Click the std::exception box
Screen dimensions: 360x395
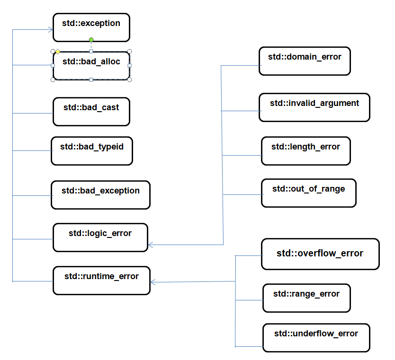(x=91, y=27)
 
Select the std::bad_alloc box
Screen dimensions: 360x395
(x=91, y=66)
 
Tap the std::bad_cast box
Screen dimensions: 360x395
(x=91, y=112)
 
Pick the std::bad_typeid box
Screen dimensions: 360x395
(x=91, y=151)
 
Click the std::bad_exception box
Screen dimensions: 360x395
(x=100, y=195)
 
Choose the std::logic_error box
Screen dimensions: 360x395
(x=100, y=237)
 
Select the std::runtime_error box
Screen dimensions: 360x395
(x=100, y=281)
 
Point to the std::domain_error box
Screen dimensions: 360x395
(x=305, y=61)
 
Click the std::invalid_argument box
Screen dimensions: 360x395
(x=314, y=107)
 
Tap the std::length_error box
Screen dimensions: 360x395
(x=305, y=151)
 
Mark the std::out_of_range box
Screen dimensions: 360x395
(x=308, y=193)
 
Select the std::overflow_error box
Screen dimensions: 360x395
(x=320, y=254)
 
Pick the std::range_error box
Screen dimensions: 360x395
(x=306, y=298)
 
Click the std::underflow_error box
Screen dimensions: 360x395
(x=316, y=338)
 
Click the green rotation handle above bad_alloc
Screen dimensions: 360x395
(x=91, y=40)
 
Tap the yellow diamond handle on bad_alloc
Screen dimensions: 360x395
(x=57, y=51)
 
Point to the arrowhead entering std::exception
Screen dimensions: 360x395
(x=51, y=30)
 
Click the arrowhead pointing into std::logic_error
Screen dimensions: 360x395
(x=151, y=245)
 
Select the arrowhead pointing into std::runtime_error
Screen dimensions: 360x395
(x=153, y=282)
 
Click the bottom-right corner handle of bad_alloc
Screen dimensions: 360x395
(x=129, y=79)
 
